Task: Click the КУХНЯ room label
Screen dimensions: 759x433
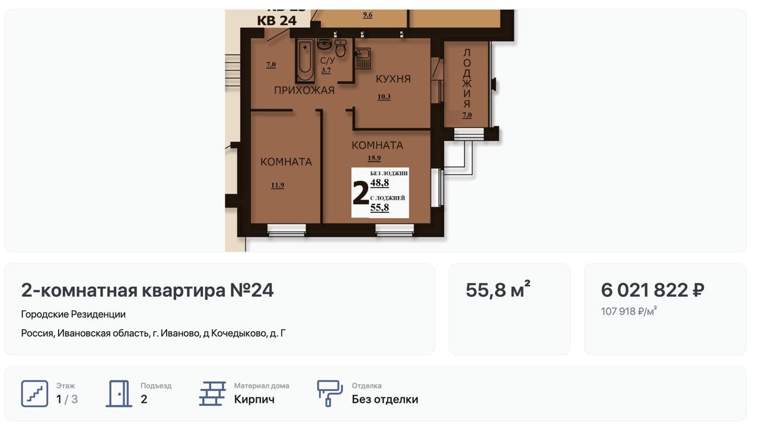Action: tap(393, 79)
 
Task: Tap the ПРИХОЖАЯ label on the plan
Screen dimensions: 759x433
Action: tap(304, 91)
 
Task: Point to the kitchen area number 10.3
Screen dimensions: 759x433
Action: tap(384, 97)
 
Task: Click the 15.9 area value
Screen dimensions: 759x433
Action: tap(374, 158)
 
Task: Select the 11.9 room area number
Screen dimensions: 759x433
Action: tap(278, 185)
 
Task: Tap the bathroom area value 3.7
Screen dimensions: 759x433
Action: tap(326, 70)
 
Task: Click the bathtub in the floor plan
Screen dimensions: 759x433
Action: tap(305, 60)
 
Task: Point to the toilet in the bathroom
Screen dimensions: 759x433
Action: tap(340, 48)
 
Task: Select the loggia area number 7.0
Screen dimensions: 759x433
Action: tap(467, 115)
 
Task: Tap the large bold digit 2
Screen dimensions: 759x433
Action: tap(361, 193)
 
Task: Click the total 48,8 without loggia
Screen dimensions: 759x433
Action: tap(379, 183)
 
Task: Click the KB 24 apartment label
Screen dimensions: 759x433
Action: tap(277, 21)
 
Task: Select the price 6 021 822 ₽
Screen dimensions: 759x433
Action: tap(653, 290)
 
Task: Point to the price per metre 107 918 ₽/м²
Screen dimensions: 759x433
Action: tap(629, 311)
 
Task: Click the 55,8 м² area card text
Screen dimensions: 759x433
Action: tap(498, 290)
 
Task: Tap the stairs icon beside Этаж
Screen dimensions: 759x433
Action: tap(34, 393)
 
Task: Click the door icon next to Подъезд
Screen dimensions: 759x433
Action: tap(119, 393)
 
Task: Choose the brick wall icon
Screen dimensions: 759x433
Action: tap(212, 393)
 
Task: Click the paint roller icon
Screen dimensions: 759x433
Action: tap(330, 393)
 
